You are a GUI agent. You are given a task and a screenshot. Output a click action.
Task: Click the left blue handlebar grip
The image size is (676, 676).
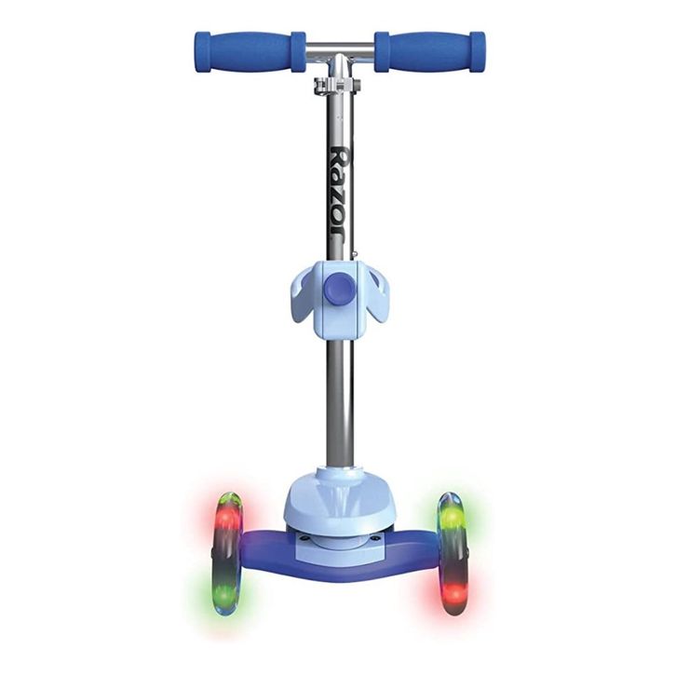pos(250,51)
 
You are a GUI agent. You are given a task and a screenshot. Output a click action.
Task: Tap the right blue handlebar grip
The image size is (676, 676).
pos(430,51)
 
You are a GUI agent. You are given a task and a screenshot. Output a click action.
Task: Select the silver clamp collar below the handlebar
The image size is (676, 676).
pos(338,85)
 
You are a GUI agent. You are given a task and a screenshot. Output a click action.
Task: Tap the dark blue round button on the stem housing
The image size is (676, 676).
pos(338,290)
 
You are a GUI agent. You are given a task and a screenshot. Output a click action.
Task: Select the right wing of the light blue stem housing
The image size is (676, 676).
pos(372,295)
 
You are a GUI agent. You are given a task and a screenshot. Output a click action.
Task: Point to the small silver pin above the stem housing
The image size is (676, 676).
pos(355,255)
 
